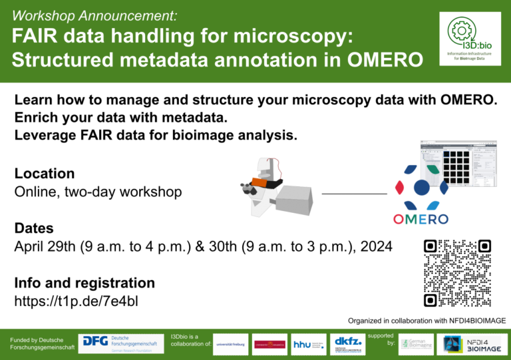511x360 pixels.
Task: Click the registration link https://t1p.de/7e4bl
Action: pos(77,301)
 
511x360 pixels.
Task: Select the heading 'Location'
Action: pos(45,174)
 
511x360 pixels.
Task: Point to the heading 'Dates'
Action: pos(35,228)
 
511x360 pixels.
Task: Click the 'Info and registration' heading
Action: pos(85,283)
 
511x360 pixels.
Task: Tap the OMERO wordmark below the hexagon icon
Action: pos(421,219)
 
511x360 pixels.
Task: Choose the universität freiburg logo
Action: pos(230,344)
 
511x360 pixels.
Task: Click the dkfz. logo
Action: pos(347,344)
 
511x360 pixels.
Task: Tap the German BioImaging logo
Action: pos(417,344)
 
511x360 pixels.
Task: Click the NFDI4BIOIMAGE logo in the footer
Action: pos(475,344)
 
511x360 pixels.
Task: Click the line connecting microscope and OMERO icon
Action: pos(354,194)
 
